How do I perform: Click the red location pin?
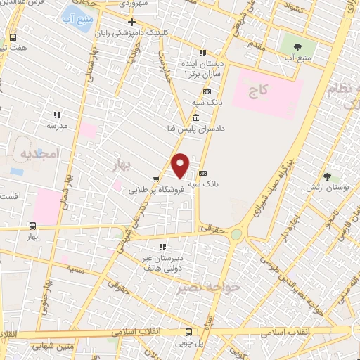(x=181, y=165)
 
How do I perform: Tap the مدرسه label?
(x=56, y=126)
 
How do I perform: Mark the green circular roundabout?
(x=237, y=234)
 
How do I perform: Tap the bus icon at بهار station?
(x=32, y=226)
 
